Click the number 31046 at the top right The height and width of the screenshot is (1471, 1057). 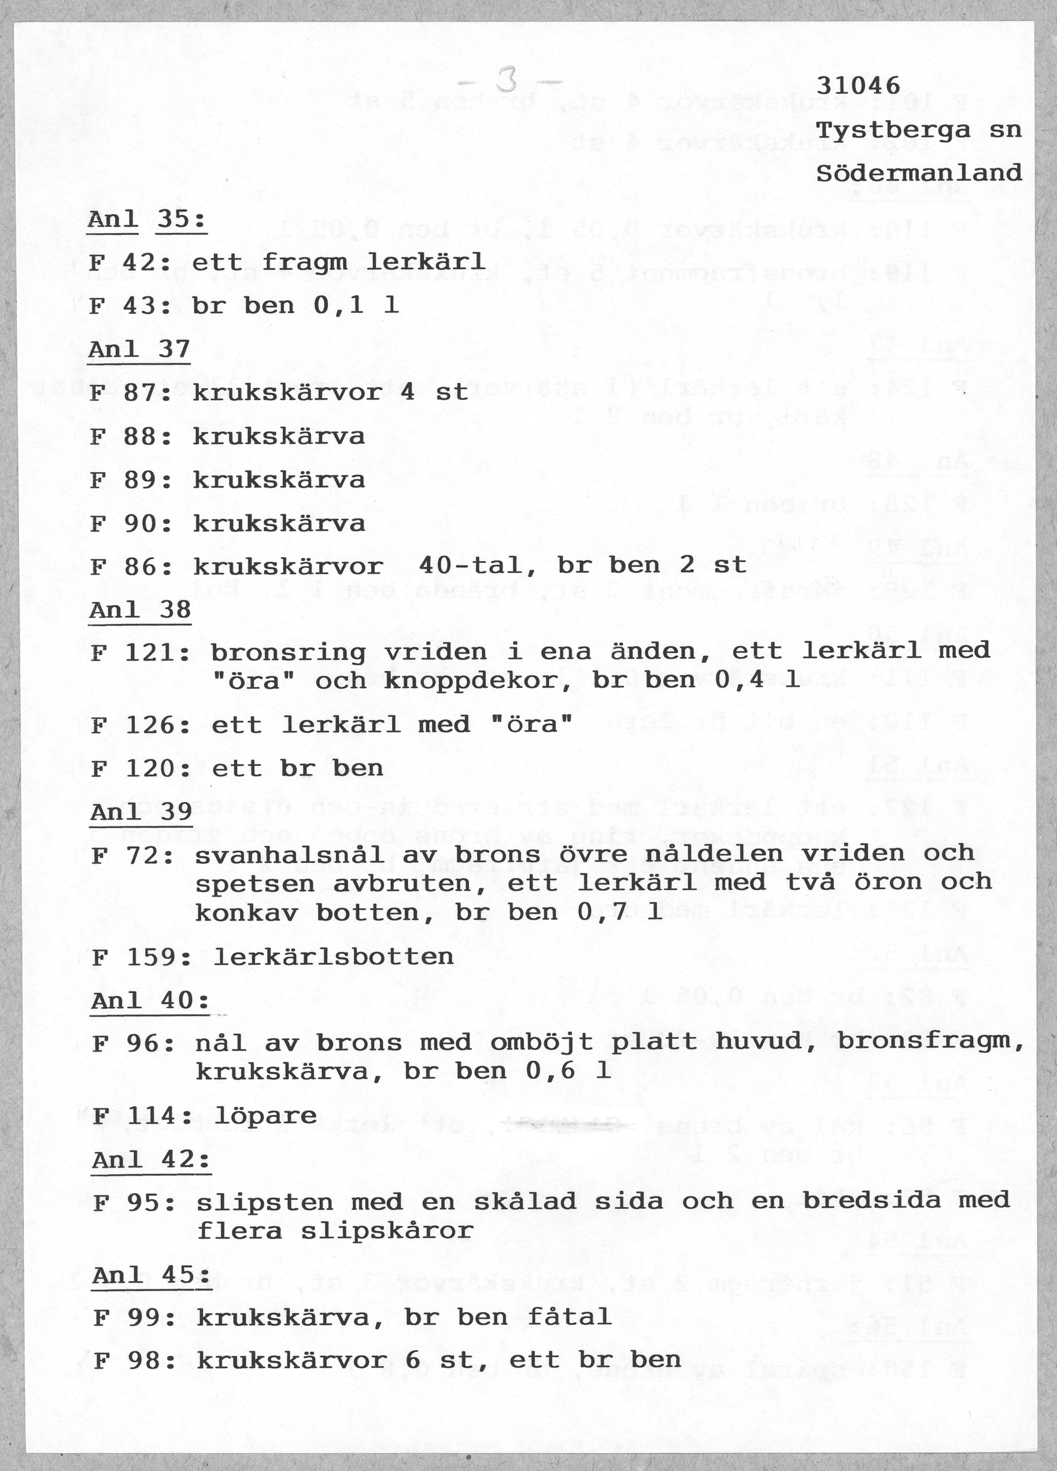pyautogui.click(x=858, y=85)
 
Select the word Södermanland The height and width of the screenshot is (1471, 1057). pyautogui.click(x=918, y=173)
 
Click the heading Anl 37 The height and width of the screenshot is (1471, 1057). pyautogui.click(x=139, y=349)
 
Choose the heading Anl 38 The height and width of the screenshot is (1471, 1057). pyautogui.click(x=140, y=610)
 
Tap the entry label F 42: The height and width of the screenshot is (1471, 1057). pyautogui.click(x=130, y=263)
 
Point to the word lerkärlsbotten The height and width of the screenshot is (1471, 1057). pyautogui.click(x=333, y=957)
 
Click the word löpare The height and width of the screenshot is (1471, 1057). pyautogui.click(x=265, y=1116)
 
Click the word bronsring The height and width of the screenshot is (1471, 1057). pyautogui.click(x=288, y=652)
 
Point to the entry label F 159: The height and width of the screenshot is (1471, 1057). pyautogui.click(x=140, y=957)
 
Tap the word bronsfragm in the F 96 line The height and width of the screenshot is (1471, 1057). pyautogui.click(x=929, y=1042)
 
